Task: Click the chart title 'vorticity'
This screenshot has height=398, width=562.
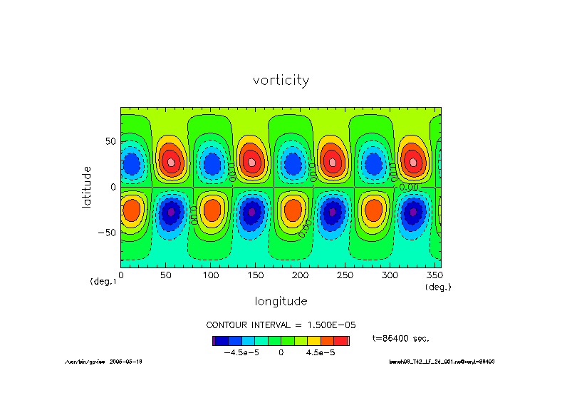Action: [281, 81]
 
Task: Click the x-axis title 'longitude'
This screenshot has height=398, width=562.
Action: [281, 300]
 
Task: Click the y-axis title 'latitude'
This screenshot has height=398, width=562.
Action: [87, 187]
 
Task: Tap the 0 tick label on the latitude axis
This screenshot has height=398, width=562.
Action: [113, 187]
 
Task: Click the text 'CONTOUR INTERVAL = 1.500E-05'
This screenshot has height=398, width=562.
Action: [281, 325]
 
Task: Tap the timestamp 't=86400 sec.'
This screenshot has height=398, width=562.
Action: [401, 337]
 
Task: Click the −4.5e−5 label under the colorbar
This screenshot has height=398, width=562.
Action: [240, 352]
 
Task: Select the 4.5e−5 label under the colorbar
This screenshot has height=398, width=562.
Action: [321, 352]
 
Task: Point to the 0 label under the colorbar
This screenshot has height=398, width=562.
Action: [281, 352]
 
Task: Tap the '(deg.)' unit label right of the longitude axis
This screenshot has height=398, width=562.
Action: [437, 287]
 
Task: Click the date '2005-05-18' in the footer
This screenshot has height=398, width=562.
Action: [126, 362]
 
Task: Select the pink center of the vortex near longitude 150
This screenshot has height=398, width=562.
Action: [252, 162]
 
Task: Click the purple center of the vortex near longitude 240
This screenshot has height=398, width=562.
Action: [333, 212]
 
